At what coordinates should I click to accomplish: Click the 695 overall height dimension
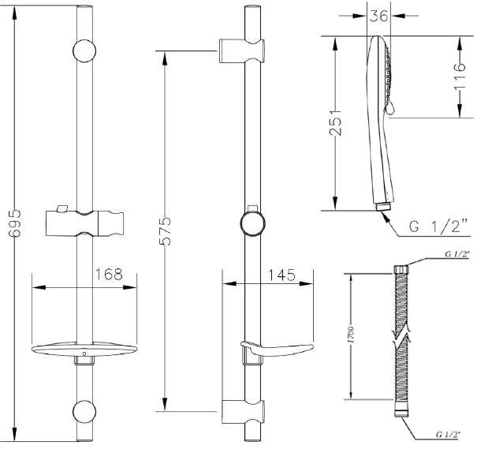15,223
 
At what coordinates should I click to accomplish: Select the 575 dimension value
166,231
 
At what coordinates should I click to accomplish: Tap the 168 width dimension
109,275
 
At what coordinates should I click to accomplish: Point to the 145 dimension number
281,275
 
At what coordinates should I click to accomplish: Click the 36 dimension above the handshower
379,16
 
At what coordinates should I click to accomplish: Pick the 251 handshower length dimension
336,122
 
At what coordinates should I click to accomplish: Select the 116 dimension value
460,77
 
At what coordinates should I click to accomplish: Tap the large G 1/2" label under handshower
439,226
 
